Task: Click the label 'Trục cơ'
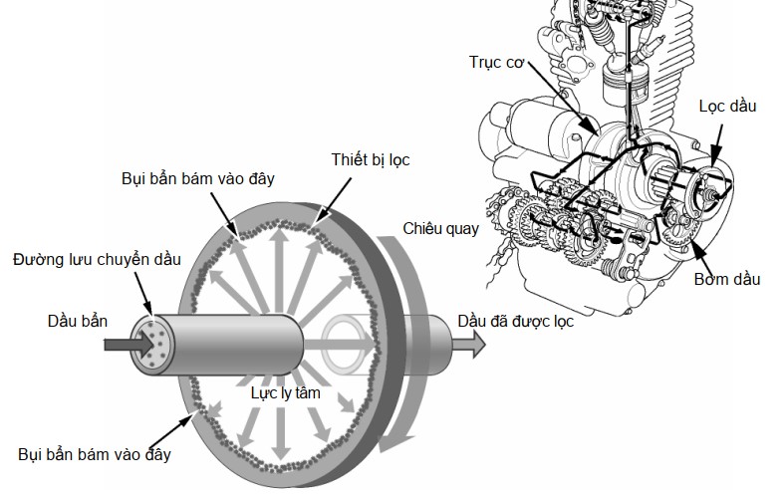496,63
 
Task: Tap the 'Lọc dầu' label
727,106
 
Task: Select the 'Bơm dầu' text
727,279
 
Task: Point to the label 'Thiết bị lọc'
371,159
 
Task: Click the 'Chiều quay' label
441,229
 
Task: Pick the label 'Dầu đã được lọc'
515,321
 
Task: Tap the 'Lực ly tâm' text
285,393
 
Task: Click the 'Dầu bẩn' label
78,321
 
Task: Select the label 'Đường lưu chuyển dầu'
97,260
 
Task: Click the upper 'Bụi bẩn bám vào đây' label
198,179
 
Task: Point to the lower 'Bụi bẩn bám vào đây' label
95,454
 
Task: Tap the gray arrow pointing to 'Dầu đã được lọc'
468,344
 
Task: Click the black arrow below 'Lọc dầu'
717,144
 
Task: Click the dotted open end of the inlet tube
151,346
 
